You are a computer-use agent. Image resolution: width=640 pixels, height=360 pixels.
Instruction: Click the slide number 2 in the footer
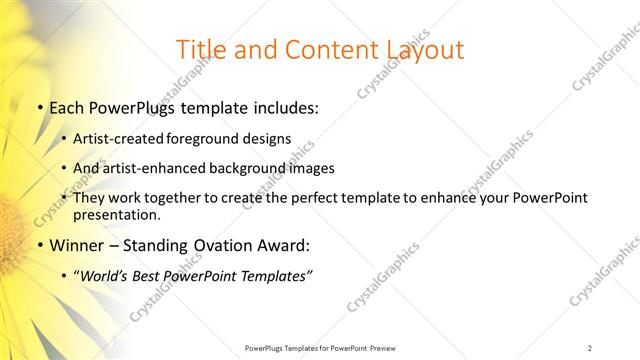pyautogui.click(x=591, y=348)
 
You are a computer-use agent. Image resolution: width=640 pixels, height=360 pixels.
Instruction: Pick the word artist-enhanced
pyautogui.click(x=152, y=168)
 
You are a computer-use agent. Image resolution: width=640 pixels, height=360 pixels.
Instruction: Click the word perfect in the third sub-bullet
pyautogui.click(x=324, y=198)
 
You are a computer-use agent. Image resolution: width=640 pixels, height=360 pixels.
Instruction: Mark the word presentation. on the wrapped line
pyautogui.click(x=116, y=215)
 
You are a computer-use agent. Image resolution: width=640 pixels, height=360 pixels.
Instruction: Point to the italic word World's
pyautogui.click(x=104, y=276)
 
